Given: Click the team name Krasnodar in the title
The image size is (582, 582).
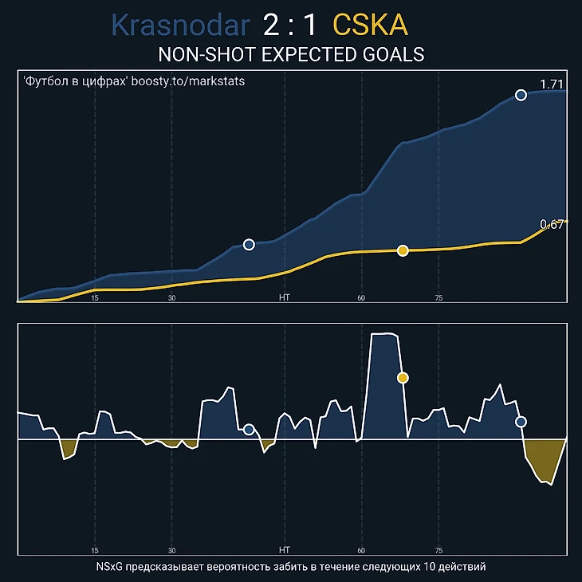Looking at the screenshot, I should pos(180,26).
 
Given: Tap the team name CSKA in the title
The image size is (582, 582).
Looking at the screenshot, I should pos(370,26).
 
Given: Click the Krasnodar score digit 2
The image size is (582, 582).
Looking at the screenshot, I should pos(271,26).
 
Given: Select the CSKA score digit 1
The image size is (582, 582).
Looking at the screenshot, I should pos(309,26).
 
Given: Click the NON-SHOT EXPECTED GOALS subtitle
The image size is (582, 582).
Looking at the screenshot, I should pos(291,54).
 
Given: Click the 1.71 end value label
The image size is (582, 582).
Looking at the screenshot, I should pos(552,85).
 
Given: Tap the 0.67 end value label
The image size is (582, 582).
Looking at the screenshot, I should pos(552,225).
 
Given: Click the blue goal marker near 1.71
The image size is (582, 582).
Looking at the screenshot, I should pos(521,95).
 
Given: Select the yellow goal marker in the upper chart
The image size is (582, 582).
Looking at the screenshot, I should pos(403,250).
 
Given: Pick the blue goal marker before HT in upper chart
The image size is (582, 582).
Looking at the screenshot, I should pos(249,245).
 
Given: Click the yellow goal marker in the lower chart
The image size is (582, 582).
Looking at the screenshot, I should pos(403,378).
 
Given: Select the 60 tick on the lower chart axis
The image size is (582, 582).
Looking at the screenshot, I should pos(361,550).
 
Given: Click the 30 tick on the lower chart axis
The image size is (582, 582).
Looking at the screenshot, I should pos(172,550).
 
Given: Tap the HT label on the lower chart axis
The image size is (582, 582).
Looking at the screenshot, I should pos(285,550).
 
